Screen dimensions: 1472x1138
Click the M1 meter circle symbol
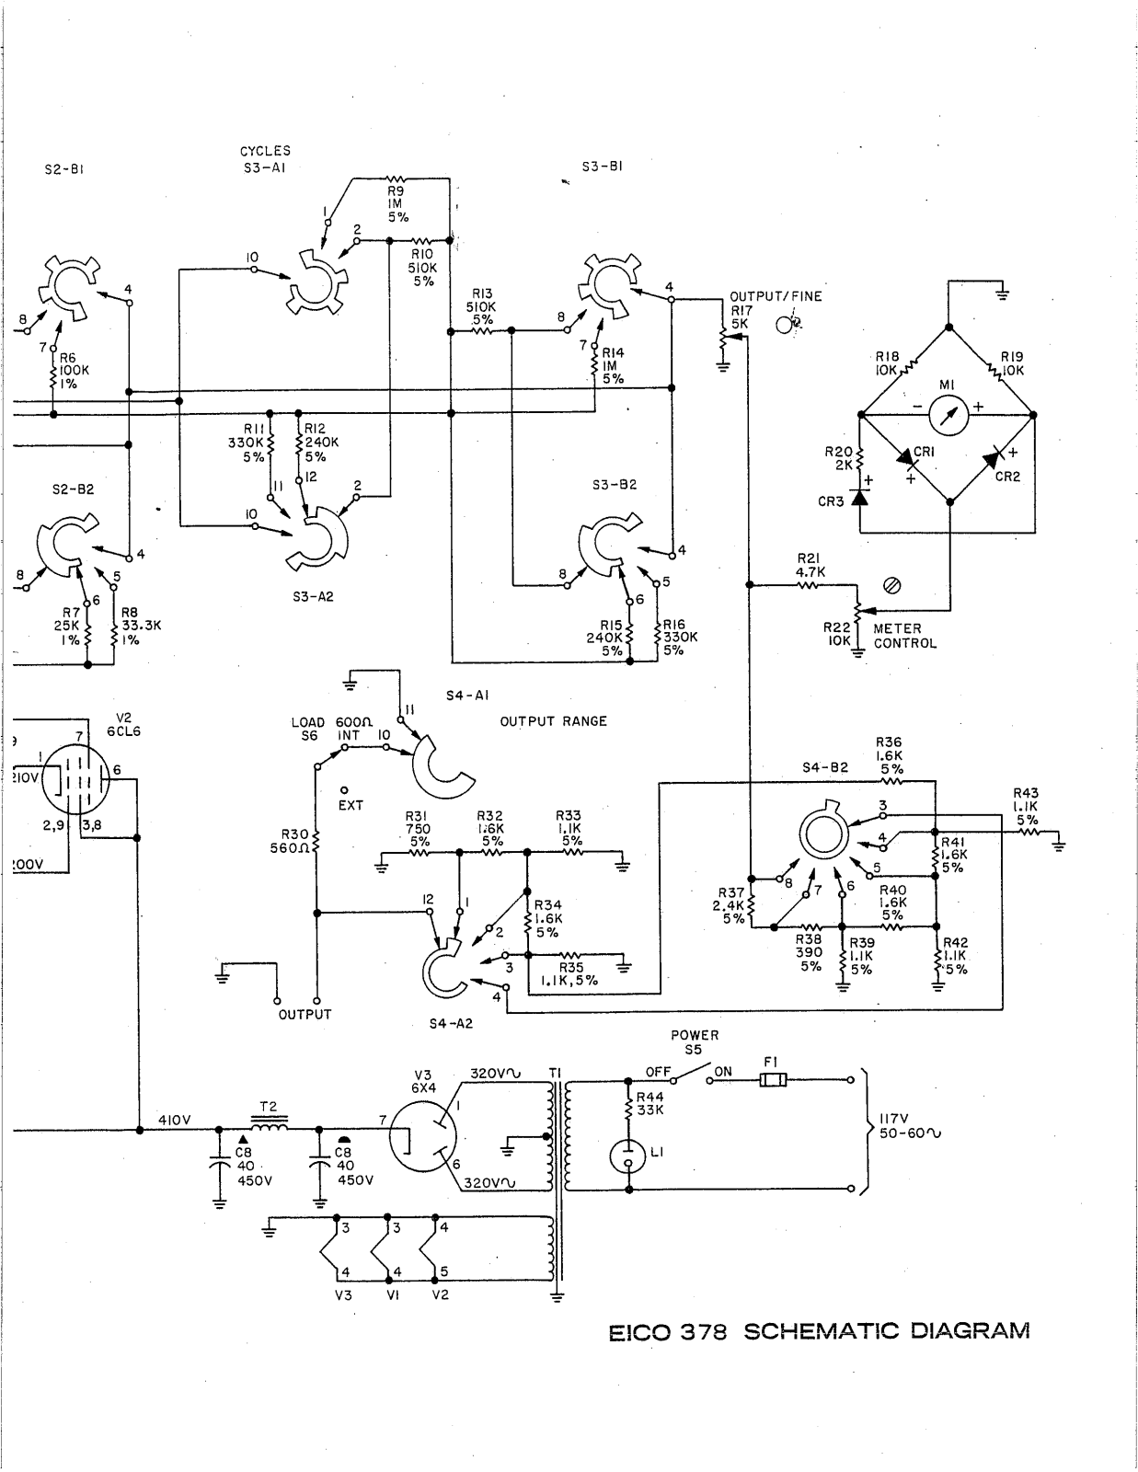(948, 414)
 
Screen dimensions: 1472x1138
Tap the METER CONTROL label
(904, 636)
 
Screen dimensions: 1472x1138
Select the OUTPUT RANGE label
(553, 721)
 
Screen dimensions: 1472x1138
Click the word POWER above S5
(695, 1035)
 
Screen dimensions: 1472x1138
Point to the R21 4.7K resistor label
(810, 565)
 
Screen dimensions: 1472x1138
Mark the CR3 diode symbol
(860, 498)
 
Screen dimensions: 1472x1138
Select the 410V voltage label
(173, 1120)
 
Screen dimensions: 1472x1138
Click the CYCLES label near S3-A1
(265, 151)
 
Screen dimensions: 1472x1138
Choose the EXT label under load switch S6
(351, 805)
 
